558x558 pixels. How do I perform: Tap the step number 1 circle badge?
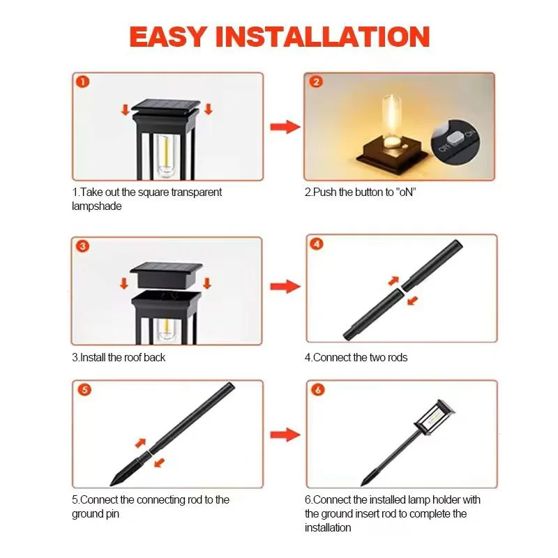click(x=82, y=82)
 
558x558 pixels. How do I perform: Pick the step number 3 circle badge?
click(x=82, y=246)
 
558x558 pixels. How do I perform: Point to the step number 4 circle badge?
click(x=317, y=244)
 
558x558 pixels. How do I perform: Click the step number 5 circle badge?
click(x=84, y=390)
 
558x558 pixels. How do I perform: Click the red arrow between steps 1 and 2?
click(x=285, y=127)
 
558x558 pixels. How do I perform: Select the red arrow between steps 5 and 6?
click(x=285, y=435)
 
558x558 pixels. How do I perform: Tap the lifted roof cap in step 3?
click(x=166, y=271)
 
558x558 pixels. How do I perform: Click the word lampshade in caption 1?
click(x=96, y=206)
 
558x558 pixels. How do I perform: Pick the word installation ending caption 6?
click(x=328, y=527)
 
